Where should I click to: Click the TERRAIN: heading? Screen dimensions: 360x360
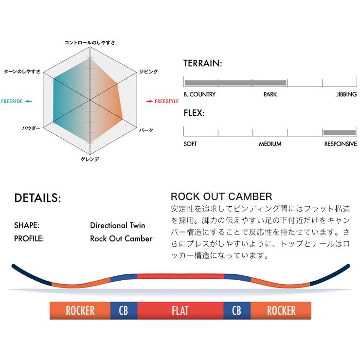pyautogui.click(x=203, y=64)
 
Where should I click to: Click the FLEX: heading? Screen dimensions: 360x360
pyautogui.click(x=194, y=114)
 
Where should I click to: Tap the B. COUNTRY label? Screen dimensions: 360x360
pyautogui.click(x=199, y=94)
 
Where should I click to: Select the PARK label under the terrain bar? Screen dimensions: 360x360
pyautogui.click(x=270, y=94)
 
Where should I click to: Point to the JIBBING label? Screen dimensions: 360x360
pyautogui.click(x=346, y=94)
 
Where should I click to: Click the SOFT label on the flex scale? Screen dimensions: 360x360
pyautogui.click(x=190, y=144)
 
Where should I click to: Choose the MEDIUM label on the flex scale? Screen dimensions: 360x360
pyautogui.click(x=270, y=144)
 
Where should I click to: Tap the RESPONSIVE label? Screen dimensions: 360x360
pyautogui.click(x=341, y=144)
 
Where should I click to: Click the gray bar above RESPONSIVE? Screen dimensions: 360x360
pyautogui.click(x=339, y=132)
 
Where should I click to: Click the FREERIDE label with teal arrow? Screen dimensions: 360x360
pyautogui.click(x=17, y=101)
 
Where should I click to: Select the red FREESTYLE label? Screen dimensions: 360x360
pyautogui.click(x=163, y=101)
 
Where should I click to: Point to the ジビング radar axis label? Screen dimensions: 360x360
pyautogui.click(x=148, y=72)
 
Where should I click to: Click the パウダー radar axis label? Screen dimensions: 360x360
pyautogui.click(x=31, y=129)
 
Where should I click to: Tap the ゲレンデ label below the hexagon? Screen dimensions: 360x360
pyautogui.click(x=90, y=159)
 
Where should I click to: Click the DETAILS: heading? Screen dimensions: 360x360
pyautogui.click(x=38, y=198)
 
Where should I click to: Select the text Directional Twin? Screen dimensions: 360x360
pyautogui.click(x=117, y=226)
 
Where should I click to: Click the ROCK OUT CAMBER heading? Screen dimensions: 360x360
pyautogui.click(x=221, y=197)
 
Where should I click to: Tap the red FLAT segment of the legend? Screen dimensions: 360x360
pyautogui.click(x=180, y=310)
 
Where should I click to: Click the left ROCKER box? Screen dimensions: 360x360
pyautogui.click(x=80, y=310)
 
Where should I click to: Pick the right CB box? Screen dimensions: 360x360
pyautogui.click(x=236, y=310)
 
